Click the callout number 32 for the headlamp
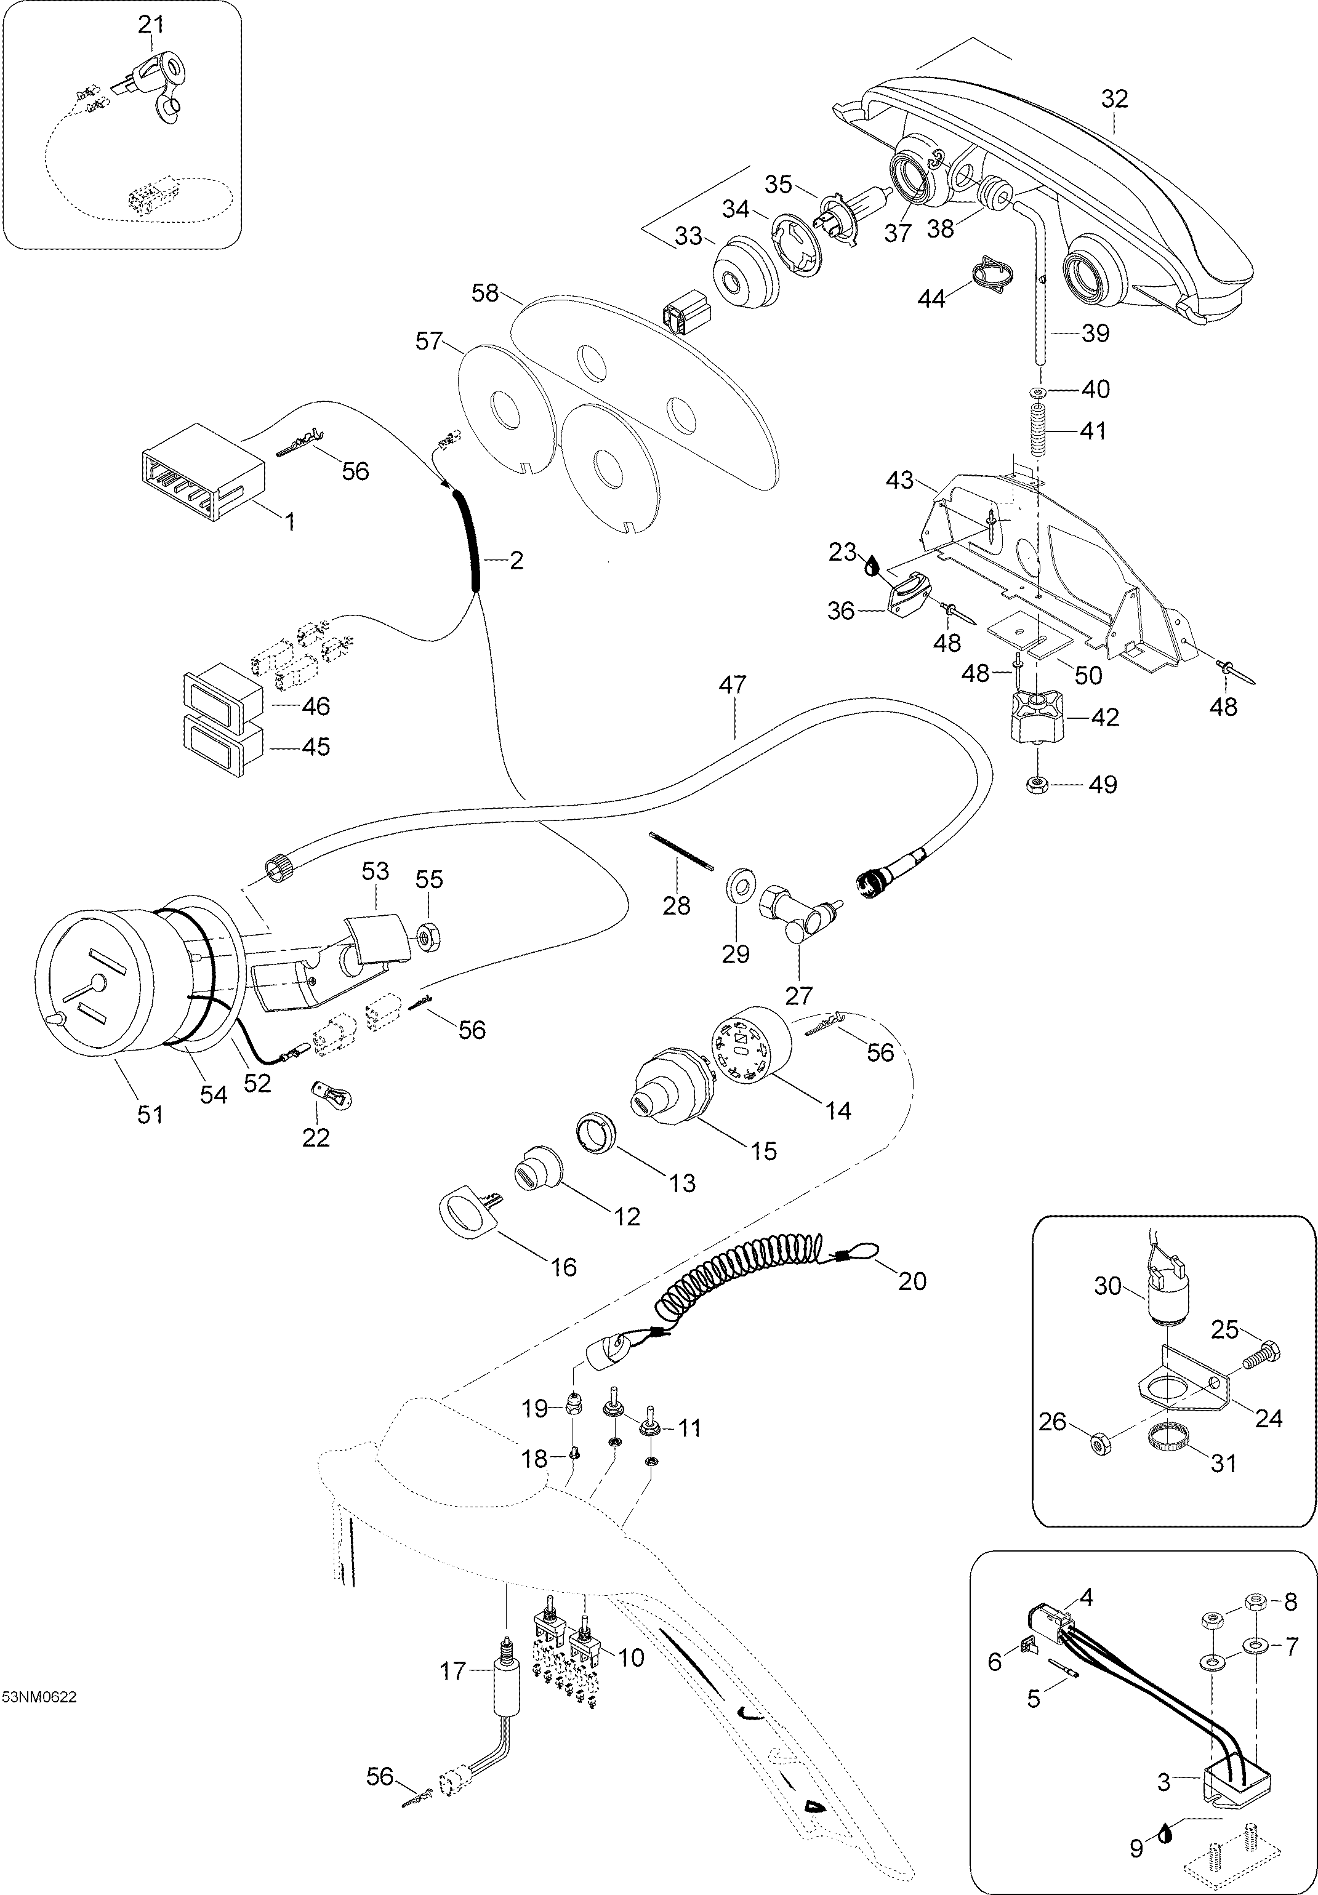pyautogui.click(x=1114, y=99)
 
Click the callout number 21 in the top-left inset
pyautogui.click(x=151, y=26)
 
